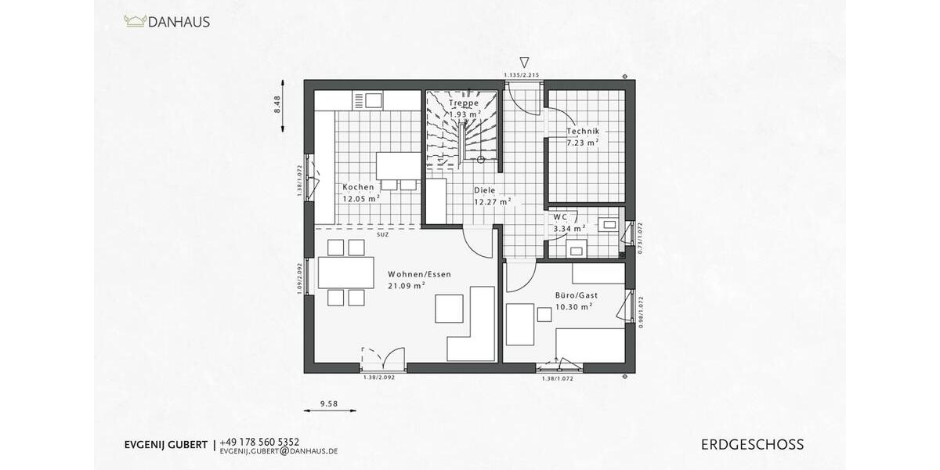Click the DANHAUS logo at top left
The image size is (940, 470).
[167, 22]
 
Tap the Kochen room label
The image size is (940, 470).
[357, 187]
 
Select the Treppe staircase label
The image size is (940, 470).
[464, 103]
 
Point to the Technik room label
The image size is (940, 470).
[583, 132]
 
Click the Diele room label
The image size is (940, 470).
[484, 190]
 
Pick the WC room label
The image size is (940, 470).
[560, 217]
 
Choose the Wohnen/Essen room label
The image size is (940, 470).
[419, 274]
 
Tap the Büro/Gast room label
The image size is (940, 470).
[577, 295]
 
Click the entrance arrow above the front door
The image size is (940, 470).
[524, 62]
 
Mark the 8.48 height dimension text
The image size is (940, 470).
[277, 105]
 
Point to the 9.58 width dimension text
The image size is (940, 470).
[329, 404]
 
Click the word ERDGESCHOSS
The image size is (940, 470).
[752, 445]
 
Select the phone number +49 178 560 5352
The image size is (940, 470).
[259, 442]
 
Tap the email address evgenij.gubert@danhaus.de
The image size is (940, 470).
[279, 452]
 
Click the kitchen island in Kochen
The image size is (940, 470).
[399, 165]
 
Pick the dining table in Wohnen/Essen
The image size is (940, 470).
[345, 273]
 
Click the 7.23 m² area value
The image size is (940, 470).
[583, 143]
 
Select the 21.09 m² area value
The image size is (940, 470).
[406, 286]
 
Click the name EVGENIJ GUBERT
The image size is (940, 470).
[165, 445]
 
